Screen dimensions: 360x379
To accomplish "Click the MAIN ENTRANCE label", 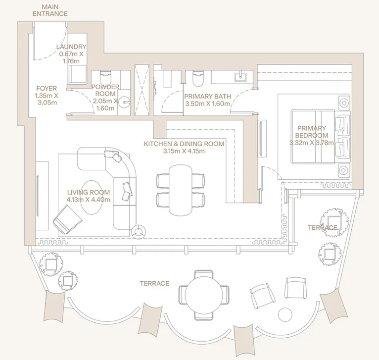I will pos(50,10).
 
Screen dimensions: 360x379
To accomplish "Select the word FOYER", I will pos(46,89).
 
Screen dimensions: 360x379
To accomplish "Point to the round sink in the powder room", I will pos(126,103).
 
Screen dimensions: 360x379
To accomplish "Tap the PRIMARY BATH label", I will pos(207,97).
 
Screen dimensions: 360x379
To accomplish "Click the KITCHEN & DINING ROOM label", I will pos(184,144).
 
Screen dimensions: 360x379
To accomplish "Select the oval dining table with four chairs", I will pos(181,190).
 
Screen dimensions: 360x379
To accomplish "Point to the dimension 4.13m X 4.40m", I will pos(88,200).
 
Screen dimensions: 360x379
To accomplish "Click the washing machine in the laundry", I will pos(78,74).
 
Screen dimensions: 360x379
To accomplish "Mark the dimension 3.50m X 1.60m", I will pos(207,104).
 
